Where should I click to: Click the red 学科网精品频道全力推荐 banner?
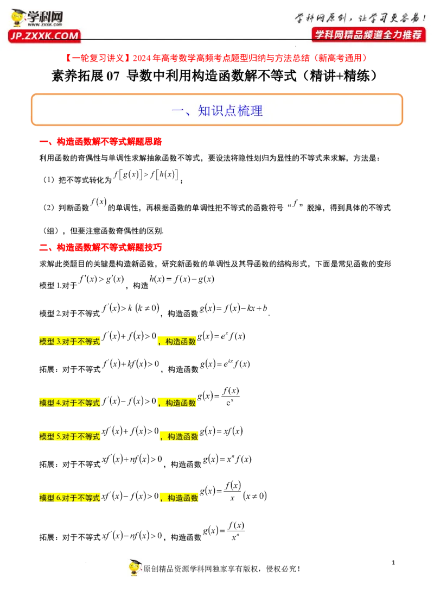click(x=368, y=34)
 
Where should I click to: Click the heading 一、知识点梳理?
click(x=217, y=111)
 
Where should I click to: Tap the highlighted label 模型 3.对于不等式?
click(x=71, y=342)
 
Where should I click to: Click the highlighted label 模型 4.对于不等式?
click(x=71, y=403)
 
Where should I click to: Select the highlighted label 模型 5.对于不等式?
click(x=71, y=436)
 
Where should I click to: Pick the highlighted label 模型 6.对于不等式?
click(x=71, y=498)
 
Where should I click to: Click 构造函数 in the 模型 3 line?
click(x=180, y=342)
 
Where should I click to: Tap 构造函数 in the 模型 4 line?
click(x=180, y=403)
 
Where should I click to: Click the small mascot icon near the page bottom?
click(x=137, y=567)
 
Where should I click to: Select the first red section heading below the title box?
click(x=101, y=142)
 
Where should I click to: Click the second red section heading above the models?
click(x=101, y=247)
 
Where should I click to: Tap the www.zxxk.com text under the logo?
click(x=44, y=25)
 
